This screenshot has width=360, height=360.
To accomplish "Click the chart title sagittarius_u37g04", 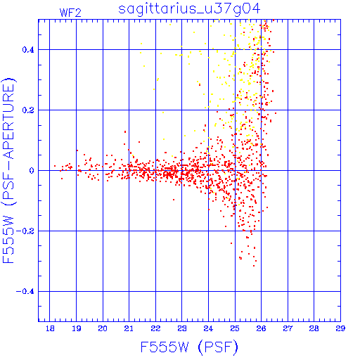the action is coord(189,9).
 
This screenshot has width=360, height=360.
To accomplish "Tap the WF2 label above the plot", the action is coord(70,13).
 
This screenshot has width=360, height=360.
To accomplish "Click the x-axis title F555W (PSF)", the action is coord(189,347).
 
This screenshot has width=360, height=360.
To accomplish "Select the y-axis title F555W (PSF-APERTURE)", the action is coord(8,170).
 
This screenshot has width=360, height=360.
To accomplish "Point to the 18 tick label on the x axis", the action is coord(50,328).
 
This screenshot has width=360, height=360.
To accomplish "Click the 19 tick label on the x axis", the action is coord(77,328).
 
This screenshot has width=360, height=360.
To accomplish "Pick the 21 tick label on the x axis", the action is coord(129,328).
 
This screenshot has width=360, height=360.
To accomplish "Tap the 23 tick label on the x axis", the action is coord(182,328).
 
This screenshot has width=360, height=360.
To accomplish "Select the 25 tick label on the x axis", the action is coord(235,328).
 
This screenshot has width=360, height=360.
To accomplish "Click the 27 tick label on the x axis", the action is coord(288,328).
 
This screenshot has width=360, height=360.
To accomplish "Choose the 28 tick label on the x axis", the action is coord(314,328).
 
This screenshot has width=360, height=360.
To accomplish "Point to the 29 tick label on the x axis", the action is coord(340,328).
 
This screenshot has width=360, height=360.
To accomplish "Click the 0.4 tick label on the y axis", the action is coord(28,50).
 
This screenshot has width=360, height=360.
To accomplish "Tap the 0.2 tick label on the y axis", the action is coord(28,110).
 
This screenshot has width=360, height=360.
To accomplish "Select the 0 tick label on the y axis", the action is coord(32,171).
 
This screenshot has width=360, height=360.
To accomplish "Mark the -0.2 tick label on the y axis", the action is coord(25,231).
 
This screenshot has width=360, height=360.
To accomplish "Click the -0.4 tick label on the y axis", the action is coord(25,292).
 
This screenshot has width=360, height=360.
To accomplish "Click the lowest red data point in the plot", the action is coord(254,266).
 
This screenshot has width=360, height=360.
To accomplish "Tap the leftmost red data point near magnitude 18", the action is coord(55,166).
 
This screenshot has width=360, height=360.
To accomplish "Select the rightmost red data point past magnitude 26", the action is coord(276,113).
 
